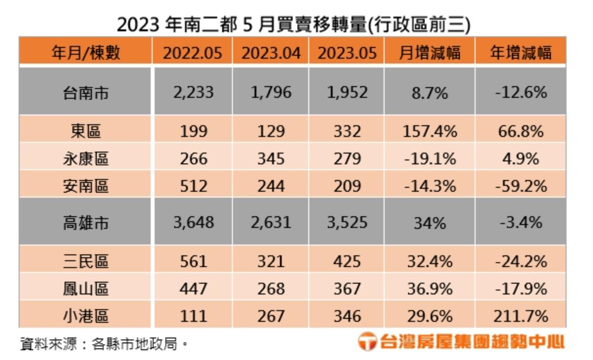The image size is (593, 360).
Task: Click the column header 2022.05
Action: click(192, 52)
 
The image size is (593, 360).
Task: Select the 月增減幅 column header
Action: click(430, 52)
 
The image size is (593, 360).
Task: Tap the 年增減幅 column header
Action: click(521, 52)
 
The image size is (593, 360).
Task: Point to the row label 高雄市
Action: click(86, 223)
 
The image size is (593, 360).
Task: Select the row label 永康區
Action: click(86, 159)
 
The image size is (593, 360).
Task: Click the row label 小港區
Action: click(86, 316)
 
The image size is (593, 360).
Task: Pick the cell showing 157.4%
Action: click(430, 132)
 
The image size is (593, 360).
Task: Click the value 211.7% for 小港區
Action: click(521, 316)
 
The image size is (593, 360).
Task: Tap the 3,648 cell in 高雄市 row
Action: click(193, 223)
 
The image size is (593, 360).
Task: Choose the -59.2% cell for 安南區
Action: click(521, 186)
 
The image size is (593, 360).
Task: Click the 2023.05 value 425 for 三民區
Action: click(347, 262)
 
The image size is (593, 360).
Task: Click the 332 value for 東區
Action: click(347, 132)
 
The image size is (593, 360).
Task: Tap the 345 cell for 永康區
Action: click(271, 159)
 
